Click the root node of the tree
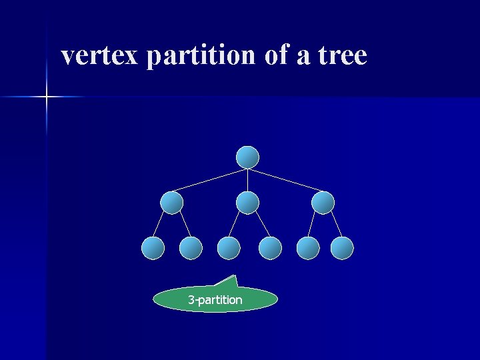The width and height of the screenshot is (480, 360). [x=247, y=157]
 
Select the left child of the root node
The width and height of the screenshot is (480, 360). [x=172, y=203]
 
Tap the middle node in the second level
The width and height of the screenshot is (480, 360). [x=247, y=203]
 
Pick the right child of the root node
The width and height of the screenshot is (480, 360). [x=323, y=203]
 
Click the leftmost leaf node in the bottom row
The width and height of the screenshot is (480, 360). [x=153, y=248]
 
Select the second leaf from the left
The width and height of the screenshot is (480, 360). [x=191, y=248]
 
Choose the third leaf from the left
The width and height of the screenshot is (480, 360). [x=229, y=248]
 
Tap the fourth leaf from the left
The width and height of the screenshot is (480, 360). [x=270, y=248]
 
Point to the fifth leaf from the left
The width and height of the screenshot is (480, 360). [x=308, y=248]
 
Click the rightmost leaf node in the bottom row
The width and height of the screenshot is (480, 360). [x=342, y=248]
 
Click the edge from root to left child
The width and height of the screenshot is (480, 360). [x=210, y=180]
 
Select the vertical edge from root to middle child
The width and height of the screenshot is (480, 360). [x=247, y=180]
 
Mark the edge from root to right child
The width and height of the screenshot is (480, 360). [x=285, y=180]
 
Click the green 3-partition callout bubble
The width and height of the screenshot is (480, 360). [x=215, y=300]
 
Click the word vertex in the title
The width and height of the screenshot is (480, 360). [x=99, y=55]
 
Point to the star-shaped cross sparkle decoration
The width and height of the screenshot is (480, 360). [x=47, y=97]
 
